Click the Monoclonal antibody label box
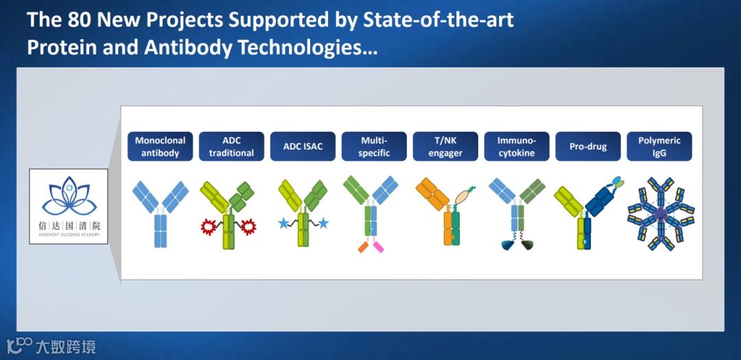(x=160, y=147)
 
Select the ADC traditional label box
(x=232, y=147)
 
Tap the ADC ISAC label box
(x=303, y=147)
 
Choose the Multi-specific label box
(x=375, y=147)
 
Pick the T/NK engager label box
(x=446, y=147)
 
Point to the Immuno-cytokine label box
(x=517, y=147)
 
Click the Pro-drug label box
(x=588, y=147)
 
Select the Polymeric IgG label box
(x=659, y=147)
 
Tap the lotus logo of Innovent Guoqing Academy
(x=69, y=195)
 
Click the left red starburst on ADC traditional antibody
(x=208, y=227)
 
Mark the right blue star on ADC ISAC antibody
(x=323, y=223)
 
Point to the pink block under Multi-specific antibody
(x=379, y=247)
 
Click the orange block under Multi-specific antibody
(x=364, y=247)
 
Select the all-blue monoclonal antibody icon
(x=160, y=213)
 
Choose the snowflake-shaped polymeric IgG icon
(x=661, y=214)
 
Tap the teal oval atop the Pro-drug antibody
(x=617, y=180)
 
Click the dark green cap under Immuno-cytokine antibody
(x=528, y=245)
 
